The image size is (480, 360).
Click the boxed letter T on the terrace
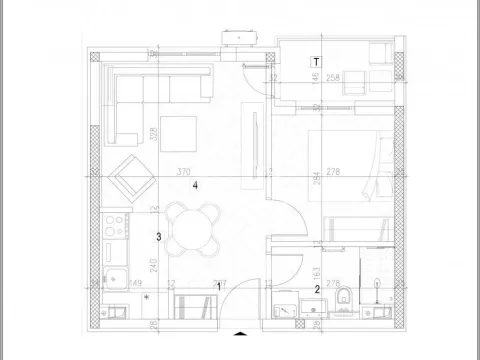316,62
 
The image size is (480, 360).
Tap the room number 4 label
196,186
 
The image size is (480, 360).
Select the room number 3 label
159,237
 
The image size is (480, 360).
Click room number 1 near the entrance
219,288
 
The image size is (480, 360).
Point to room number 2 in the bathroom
317,290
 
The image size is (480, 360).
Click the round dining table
193,227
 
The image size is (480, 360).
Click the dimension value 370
183,172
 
